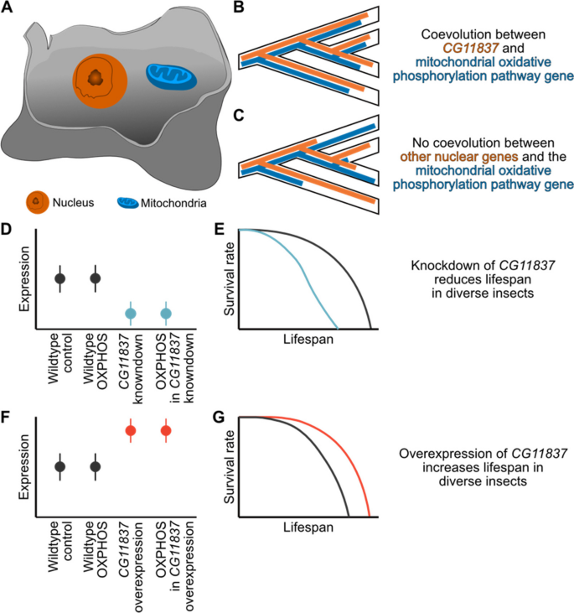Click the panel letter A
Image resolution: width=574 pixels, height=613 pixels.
coord(8,8)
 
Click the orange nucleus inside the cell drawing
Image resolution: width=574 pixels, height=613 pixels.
coord(99,79)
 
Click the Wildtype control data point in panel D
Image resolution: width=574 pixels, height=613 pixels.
coord(59,278)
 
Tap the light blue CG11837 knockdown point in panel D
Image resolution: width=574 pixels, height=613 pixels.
coord(131,314)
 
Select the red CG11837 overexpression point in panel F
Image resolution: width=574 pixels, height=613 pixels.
coord(131,431)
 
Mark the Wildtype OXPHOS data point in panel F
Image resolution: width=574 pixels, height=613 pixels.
coord(96,466)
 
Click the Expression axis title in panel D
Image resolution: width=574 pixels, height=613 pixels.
coord(27,278)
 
